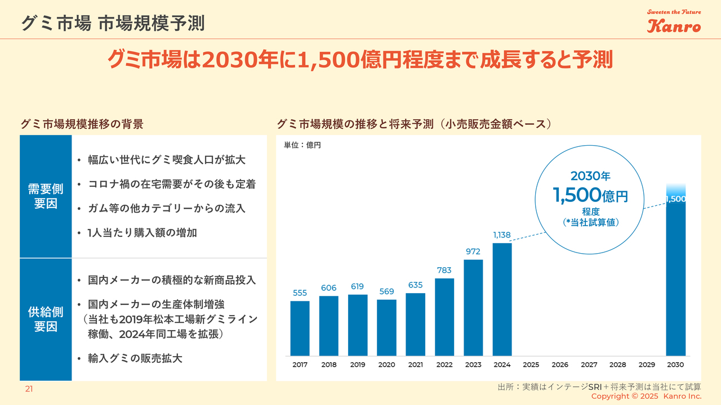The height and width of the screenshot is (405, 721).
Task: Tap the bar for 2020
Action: pos(386,327)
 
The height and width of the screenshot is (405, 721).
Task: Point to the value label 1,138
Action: pos(502,235)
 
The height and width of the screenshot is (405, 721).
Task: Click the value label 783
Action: pos(444,271)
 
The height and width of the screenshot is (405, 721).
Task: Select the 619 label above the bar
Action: pos(358,287)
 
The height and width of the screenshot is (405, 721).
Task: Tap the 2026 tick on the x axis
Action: pos(560,364)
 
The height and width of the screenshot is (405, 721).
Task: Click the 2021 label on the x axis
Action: pos(415,364)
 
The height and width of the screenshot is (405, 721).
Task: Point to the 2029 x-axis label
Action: pos(647,364)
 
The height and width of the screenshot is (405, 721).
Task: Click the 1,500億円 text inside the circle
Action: pos(590,196)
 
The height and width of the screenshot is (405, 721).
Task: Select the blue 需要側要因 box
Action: pos(46,196)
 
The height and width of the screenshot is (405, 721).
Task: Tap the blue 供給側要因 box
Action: pos(46,319)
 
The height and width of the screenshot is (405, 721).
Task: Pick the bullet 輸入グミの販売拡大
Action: pos(135,358)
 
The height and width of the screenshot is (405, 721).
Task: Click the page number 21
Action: pos(28,389)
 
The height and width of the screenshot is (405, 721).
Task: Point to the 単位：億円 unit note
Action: pos(302,145)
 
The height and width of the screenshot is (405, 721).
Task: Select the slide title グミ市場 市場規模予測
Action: pos(112,23)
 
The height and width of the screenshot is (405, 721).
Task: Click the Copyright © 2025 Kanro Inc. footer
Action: pos(646,397)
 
